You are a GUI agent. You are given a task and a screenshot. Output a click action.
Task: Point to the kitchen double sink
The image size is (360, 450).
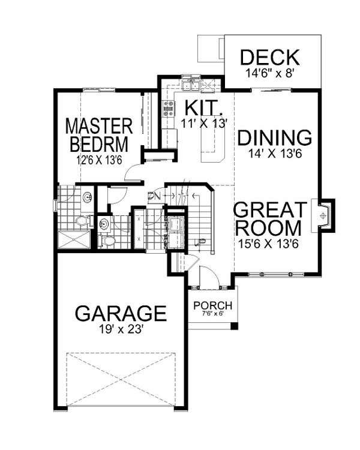coord(210,86)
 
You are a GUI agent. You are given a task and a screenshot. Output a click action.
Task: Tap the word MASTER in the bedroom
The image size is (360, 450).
coord(98,127)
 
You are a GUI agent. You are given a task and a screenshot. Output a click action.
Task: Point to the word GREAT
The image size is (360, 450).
coord(267,211)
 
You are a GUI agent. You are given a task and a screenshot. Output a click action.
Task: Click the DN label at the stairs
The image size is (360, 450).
coord(154,196)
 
